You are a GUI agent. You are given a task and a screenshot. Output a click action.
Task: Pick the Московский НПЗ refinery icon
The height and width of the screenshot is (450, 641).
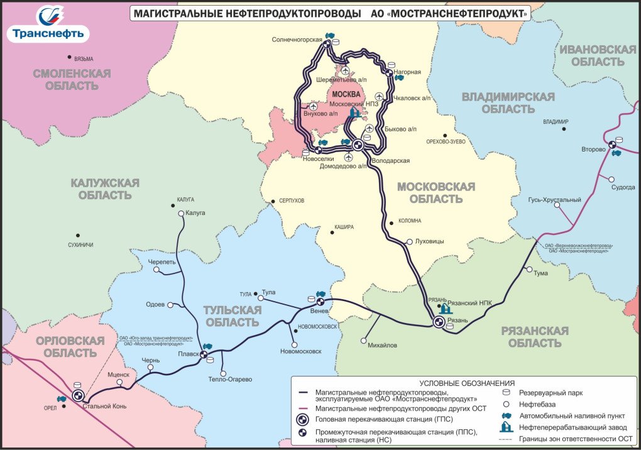coord(353,113)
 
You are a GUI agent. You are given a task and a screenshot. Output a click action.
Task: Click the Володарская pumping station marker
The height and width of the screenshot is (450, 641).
coord(358,145)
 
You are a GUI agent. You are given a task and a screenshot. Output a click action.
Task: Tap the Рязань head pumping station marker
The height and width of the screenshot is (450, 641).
coord(438,322)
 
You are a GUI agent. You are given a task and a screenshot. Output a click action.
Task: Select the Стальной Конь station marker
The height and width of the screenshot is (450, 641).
coord(78,396)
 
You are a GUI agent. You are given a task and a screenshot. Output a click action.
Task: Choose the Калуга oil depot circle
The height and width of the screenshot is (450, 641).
coord(181,214)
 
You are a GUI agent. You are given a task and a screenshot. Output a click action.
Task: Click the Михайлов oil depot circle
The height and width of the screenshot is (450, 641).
coord(364,341)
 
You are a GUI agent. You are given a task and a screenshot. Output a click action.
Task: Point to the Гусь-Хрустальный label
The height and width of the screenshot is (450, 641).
coord(554,200)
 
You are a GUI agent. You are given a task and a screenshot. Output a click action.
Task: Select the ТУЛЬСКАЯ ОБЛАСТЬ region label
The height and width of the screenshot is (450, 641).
coord(231,316)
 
